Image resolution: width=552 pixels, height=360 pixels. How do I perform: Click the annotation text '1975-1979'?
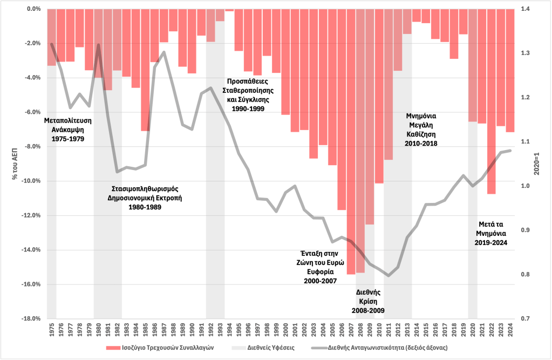68,139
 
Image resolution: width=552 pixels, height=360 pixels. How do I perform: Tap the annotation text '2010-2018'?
421,144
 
